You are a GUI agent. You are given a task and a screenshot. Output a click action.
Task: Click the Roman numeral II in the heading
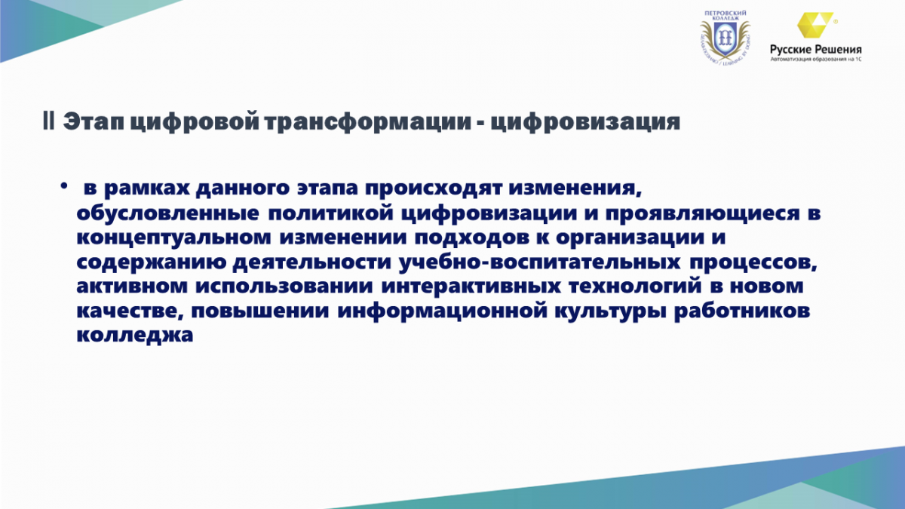[x=49, y=121]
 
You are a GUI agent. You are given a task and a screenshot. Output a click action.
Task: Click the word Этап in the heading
[x=94, y=122]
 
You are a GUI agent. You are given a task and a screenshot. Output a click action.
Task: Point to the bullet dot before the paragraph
[x=63, y=186]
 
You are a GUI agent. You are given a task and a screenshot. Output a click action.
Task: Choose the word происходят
[x=433, y=189]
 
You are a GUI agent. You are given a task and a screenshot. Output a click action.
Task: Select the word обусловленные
[x=167, y=213]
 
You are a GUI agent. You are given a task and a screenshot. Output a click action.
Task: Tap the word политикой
[x=330, y=213]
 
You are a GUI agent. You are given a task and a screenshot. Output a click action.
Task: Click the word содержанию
[x=151, y=262]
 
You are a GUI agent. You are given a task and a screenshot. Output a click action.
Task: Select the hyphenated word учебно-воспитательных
[x=539, y=262]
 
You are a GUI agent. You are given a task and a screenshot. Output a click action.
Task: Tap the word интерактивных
[x=471, y=287]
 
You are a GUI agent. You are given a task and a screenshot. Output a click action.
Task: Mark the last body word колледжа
[x=134, y=336]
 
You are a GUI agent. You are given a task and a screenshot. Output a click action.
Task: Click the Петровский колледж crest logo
[x=726, y=38]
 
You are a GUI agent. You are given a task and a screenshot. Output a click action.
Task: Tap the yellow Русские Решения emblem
[x=814, y=25]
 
